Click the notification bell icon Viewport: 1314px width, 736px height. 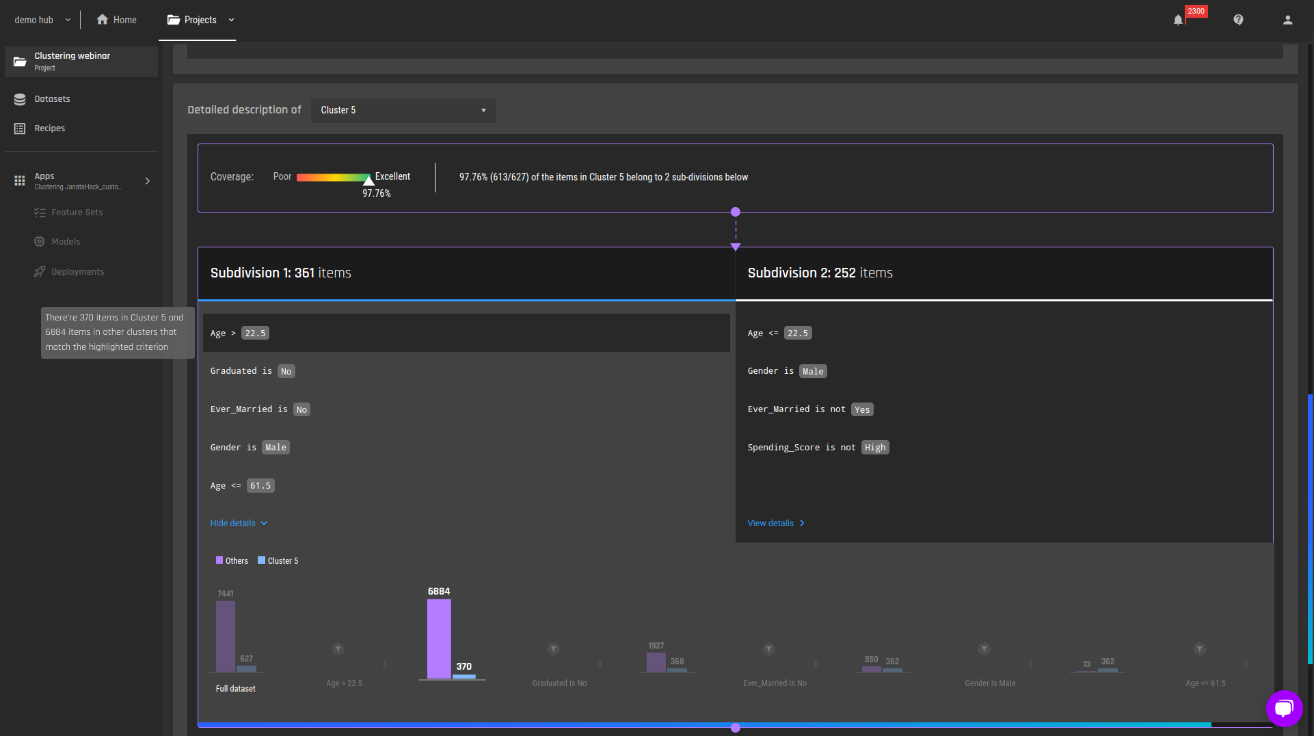point(1178,20)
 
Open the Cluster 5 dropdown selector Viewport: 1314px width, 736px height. point(403,110)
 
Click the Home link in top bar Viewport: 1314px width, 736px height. point(117,20)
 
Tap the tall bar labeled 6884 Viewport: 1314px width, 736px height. point(439,639)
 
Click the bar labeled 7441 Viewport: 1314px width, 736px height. point(226,636)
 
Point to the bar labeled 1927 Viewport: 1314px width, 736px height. point(656,662)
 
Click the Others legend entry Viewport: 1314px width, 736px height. point(232,561)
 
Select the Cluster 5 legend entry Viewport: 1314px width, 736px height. point(278,561)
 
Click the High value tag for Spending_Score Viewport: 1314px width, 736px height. point(875,448)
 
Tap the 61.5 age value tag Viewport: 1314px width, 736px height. point(260,486)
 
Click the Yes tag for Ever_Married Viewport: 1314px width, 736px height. point(863,410)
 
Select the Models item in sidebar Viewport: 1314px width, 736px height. point(57,242)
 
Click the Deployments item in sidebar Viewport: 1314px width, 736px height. point(70,272)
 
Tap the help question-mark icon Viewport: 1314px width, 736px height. point(1238,20)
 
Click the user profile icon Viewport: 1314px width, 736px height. point(1288,20)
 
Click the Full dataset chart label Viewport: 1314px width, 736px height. point(236,689)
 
